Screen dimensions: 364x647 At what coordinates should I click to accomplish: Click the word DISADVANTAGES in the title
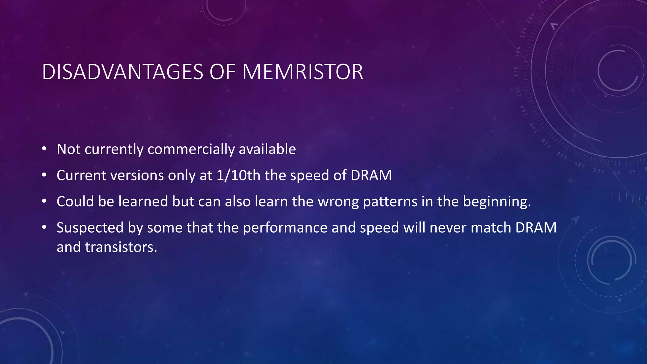[123, 72]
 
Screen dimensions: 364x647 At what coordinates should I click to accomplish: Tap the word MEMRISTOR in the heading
[303, 72]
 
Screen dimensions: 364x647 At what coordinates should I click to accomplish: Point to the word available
[267, 149]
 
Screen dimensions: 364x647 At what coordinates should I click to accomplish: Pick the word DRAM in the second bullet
[371, 175]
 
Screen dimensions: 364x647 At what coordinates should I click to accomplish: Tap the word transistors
[121, 247]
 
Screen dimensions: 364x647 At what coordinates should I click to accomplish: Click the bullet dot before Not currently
[44, 149]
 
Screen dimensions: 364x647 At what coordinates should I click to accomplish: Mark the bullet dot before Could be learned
[44, 201]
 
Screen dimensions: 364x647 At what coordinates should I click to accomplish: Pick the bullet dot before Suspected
[44, 227]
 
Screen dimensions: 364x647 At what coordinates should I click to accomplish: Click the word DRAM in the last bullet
[536, 228]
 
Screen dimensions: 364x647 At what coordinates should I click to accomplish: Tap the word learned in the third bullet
[143, 202]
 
